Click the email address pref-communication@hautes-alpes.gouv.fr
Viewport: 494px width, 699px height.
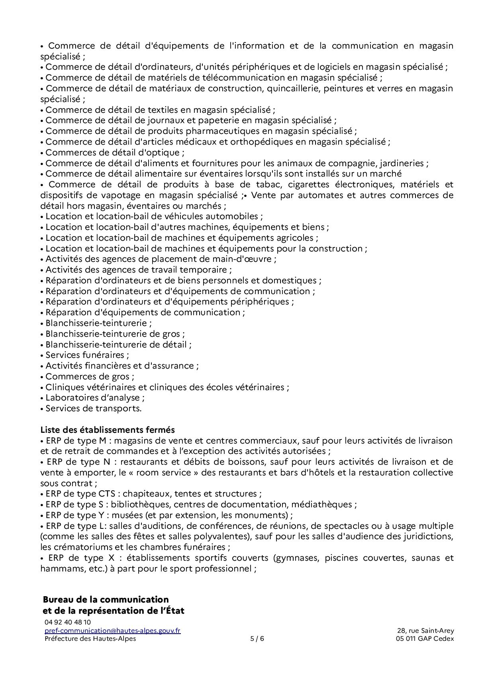(112, 630)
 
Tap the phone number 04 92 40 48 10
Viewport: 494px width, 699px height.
(67, 622)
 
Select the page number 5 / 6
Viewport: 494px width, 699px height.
(257, 638)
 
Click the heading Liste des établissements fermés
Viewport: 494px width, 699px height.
(108, 430)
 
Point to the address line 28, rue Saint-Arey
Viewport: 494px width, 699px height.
(425, 630)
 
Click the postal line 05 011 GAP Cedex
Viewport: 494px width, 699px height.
(422, 638)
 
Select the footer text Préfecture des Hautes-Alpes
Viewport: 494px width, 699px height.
(90, 638)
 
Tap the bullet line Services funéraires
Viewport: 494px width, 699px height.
(87, 355)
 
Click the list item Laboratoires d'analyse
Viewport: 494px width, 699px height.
(94, 397)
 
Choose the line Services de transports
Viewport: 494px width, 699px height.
(93, 408)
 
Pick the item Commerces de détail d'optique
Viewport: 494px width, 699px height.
(114, 152)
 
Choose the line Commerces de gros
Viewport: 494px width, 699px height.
(90, 376)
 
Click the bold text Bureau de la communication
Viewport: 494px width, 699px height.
(106, 599)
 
